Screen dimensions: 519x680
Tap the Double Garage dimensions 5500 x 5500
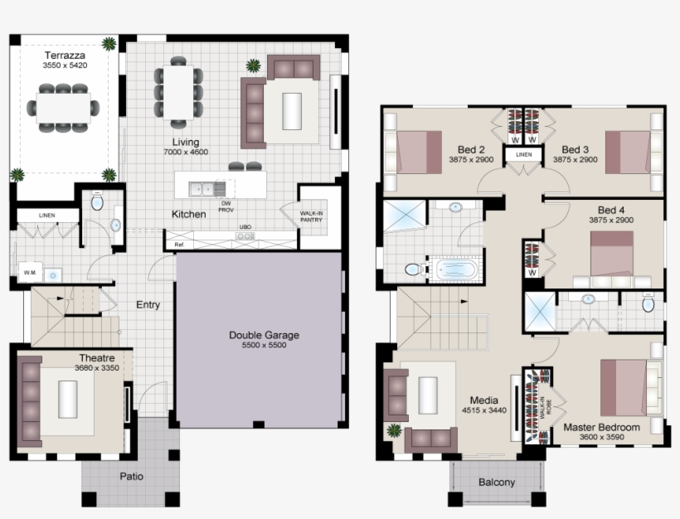tap(264, 346)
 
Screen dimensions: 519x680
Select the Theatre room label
tap(96, 358)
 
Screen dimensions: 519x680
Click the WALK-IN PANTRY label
tap(312, 216)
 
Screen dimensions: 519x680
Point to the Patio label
tap(131, 477)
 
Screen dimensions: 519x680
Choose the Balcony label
tap(497, 483)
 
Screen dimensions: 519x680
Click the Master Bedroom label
tap(601, 428)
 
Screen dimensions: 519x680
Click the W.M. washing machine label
tap(31, 272)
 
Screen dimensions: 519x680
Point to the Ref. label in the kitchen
tap(178, 245)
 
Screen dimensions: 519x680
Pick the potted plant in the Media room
tap(394, 430)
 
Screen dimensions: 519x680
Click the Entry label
tap(148, 304)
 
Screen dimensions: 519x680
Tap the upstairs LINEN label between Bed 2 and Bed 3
tap(523, 155)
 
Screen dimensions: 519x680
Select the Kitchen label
tap(188, 215)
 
